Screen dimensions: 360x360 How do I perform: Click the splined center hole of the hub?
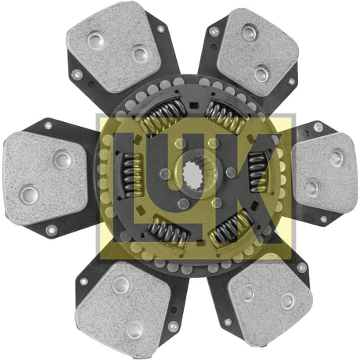tap(193, 175)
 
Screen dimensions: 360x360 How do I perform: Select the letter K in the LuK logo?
tap(243, 188)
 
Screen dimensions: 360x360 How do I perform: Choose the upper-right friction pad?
tap(257, 52)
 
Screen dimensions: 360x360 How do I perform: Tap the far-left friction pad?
tap(45, 178)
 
